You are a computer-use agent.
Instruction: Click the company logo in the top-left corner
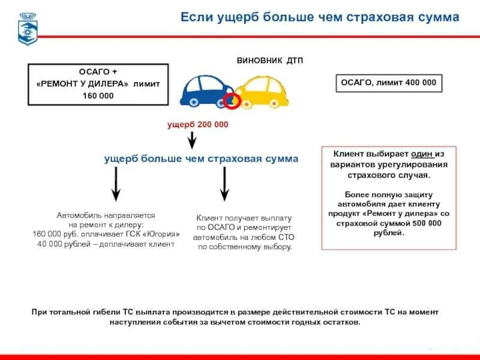point(26,28)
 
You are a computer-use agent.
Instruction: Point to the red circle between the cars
point(231,100)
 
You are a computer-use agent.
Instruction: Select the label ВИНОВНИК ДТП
point(266,61)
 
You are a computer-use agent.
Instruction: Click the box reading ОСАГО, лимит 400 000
point(388,83)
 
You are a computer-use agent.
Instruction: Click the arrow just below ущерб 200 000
point(192,140)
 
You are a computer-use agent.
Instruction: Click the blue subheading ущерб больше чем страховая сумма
point(201,158)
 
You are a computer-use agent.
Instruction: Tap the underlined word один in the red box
point(423,154)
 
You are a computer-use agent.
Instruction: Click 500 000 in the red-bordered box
point(427,223)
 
